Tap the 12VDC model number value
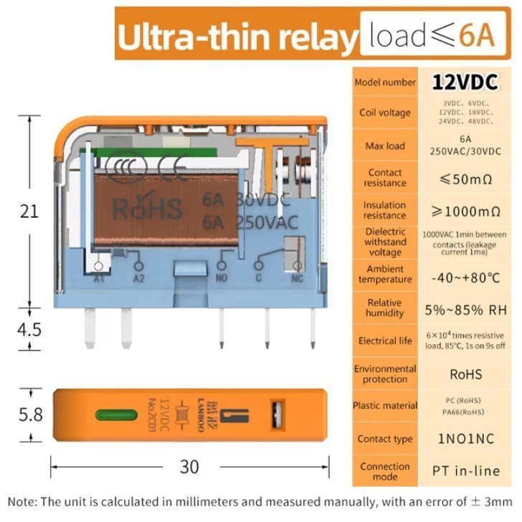coord(465,82)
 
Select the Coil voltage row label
coord(385,113)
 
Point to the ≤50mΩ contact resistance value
coord(465,178)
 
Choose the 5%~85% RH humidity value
coord(465,310)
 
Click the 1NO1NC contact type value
coord(465,438)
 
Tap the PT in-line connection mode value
coord(465,471)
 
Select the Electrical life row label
coord(385,341)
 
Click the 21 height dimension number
coord(29,212)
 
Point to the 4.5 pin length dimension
coord(29,330)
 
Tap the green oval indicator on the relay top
coord(112,414)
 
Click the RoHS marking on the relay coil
coord(147,209)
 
